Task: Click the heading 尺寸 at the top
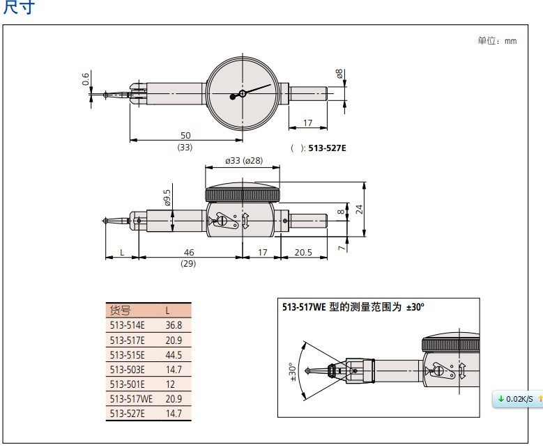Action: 19,8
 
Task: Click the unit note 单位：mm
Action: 497,41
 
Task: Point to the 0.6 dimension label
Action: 85,79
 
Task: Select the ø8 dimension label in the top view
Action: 339,74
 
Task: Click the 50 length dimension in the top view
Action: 185,135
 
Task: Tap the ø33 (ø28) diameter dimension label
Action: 243,161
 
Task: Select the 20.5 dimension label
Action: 303,252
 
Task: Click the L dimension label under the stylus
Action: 122,252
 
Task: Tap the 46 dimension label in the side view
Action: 188,252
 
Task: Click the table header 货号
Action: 121,311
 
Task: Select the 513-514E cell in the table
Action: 127,325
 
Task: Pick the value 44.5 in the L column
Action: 173,354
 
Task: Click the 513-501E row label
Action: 127,384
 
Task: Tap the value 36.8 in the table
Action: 173,325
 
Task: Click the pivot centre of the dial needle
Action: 242,93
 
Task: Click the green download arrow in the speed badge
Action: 500,398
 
